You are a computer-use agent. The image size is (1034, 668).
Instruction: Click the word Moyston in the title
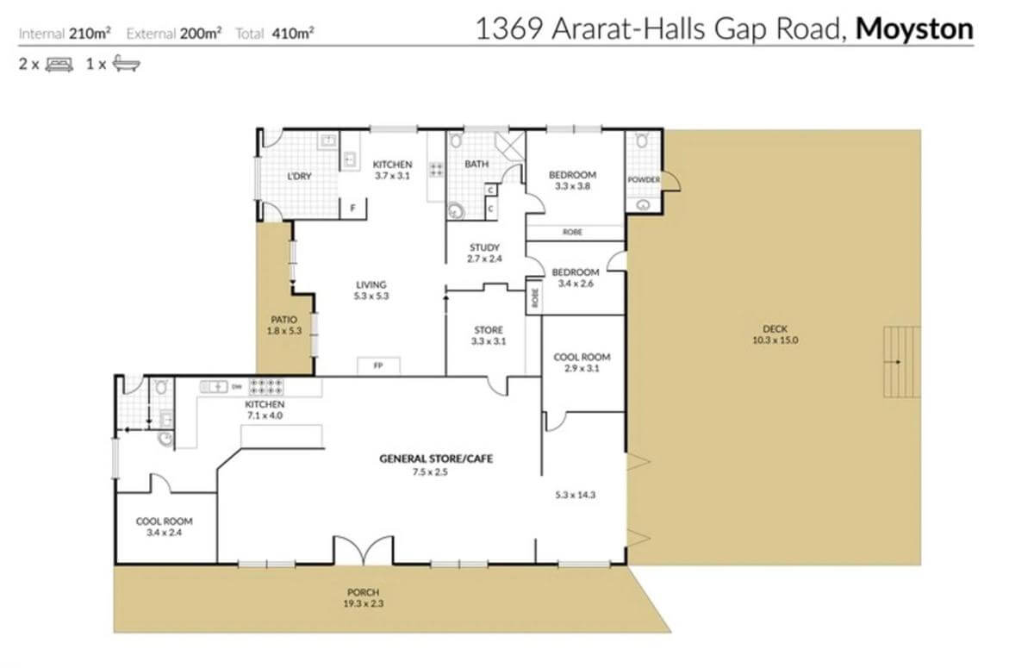coord(914,29)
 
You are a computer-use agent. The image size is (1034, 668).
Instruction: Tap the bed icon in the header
coord(59,64)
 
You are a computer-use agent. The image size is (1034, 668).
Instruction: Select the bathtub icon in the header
coord(126,64)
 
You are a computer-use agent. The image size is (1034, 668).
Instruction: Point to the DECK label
coord(775,329)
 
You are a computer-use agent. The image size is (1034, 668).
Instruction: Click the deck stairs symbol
coord(901,362)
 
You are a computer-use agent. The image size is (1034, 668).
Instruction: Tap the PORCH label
coord(364,592)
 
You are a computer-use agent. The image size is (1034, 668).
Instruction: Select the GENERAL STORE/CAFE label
coord(436,459)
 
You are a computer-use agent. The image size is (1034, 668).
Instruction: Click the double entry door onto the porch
coord(364,550)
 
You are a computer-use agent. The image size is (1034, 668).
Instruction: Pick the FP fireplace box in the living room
coord(378,365)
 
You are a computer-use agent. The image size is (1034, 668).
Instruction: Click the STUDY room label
coord(484,247)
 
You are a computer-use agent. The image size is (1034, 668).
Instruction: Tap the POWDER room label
coord(644,179)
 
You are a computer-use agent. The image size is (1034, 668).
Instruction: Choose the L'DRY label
coord(299,177)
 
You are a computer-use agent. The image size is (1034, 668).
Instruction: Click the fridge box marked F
coord(353,209)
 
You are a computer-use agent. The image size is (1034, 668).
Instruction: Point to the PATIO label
coord(283,320)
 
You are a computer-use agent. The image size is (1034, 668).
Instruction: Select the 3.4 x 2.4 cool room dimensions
coord(164,533)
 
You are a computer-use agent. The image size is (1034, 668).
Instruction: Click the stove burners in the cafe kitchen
coord(266,387)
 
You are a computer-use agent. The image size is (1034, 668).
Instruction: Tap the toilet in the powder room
coord(642,140)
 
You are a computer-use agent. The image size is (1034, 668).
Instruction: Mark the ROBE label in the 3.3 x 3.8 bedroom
coord(572,232)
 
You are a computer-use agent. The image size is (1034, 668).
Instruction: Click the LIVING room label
coord(371,284)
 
